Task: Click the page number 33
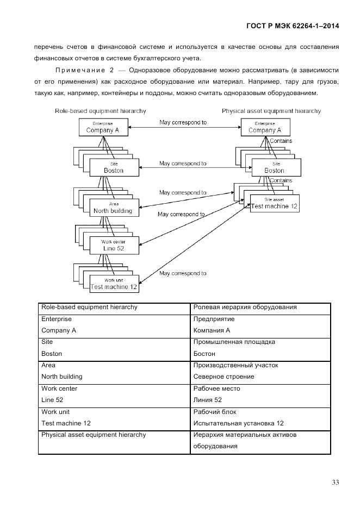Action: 334,482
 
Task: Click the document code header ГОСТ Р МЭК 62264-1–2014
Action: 289,26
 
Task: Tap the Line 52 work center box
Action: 113,245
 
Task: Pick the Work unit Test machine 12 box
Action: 113,284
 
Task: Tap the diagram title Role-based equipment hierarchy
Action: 100,111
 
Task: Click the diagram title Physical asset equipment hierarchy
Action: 271,111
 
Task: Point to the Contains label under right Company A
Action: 281,141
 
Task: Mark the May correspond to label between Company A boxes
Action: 183,122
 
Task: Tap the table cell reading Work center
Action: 59,388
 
